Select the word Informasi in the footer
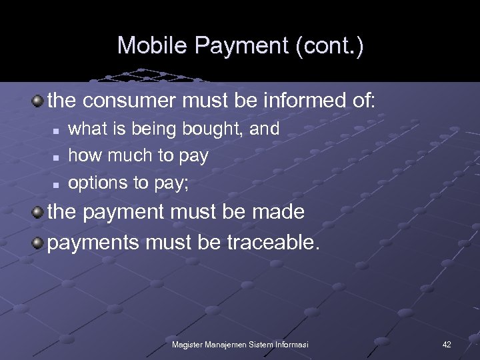[290, 344]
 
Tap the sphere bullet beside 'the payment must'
[38, 212]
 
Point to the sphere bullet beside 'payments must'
[38, 241]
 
